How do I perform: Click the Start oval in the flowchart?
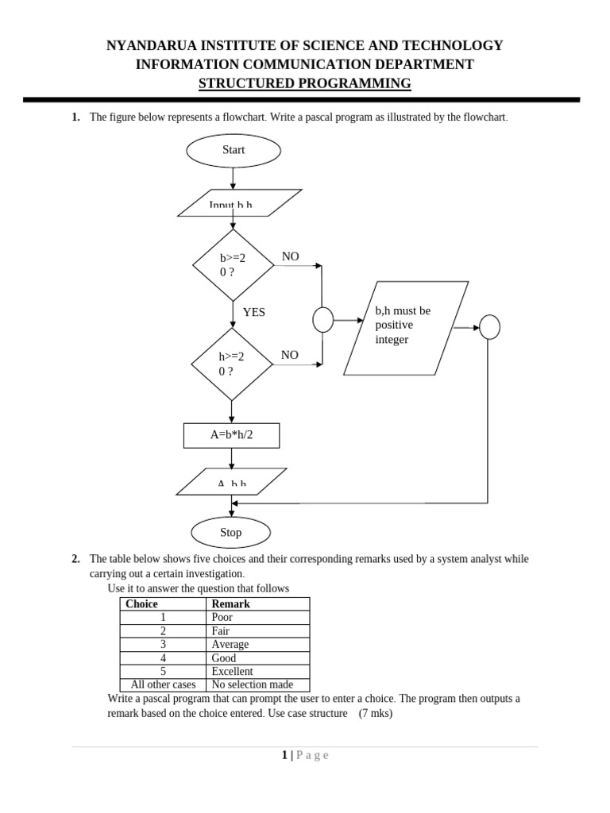pyautogui.click(x=233, y=150)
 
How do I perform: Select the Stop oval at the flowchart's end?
pyautogui.click(x=231, y=533)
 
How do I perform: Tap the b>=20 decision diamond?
pyautogui.click(x=233, y=265)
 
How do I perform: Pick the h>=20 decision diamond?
pyautogui.click(x=231, y=364)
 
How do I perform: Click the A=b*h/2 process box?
pyautogui.click(x=231, y=435)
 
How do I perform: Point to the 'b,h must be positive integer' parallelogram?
pyautogui.click(x=405, y=326)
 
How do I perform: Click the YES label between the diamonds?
pyautogui.click(x=254, y=313)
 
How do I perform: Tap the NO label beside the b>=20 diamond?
pyautogui.click(x=290, y=257)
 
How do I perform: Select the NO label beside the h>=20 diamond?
pyautogui.click(x=290, y=355)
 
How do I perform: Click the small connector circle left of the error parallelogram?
pyautogui.click(x=322, y=320)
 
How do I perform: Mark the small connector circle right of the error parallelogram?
pyautogui.click(x=490, y=326)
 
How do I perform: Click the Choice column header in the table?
pyautogui.click(x=142, y=604)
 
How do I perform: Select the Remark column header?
pyautogui.click(x=231, y=604)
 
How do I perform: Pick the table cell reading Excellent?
pyautogui.click(x=233, y=671)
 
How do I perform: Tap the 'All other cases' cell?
pyautogui.click(x=163, y=684)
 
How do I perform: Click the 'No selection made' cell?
pyautogui.click(x=253, y=684)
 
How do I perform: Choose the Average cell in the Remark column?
pyautogui.click(x=230, y=645)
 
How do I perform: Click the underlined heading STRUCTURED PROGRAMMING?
pyautogui.click(x=305, y=84)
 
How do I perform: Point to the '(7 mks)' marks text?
pyautogui.click(x=375, y=713)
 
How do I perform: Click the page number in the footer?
pyautogui.click(x=284, y=755)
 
